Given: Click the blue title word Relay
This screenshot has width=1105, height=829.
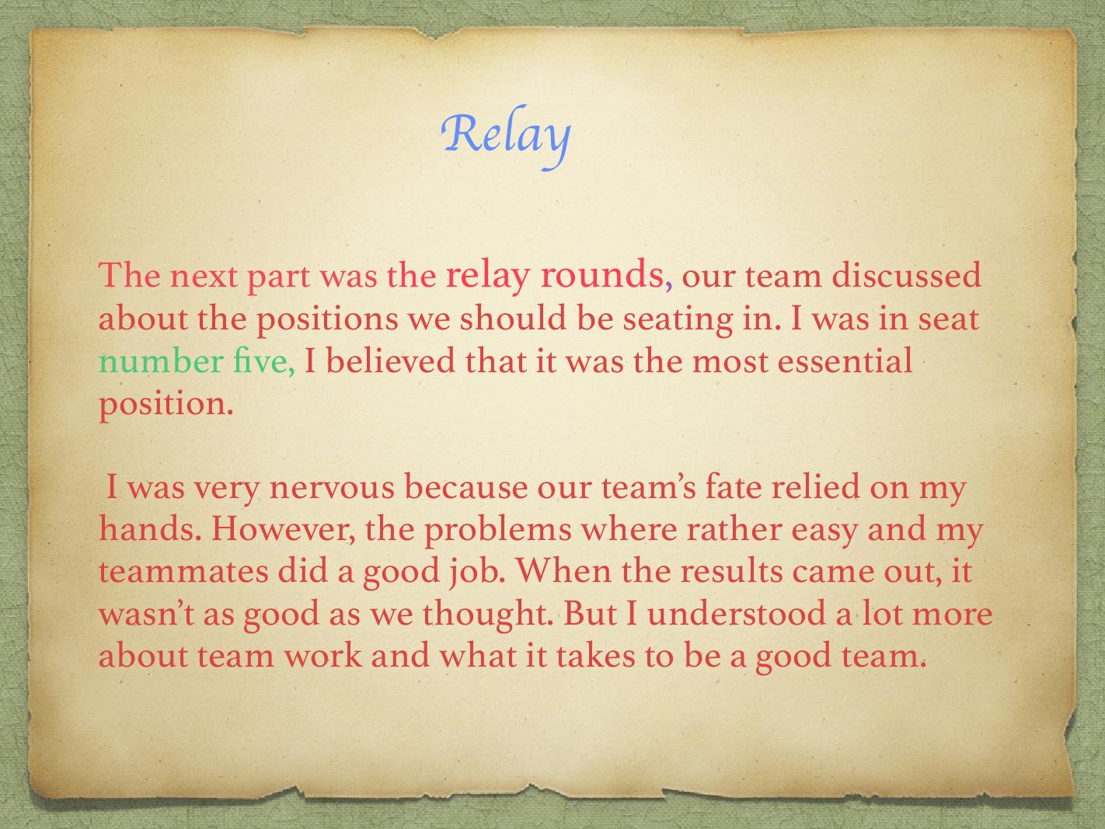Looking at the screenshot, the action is click(505, 137).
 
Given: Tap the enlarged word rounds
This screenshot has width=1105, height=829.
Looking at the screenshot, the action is click(602, 274).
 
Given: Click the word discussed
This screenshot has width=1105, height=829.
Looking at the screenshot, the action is click(906, 275).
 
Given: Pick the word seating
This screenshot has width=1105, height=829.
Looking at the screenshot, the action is click(678, 320).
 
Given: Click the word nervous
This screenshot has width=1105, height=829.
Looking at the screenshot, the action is click(332, 488).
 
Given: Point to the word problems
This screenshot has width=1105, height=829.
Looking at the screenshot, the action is click(498, 531).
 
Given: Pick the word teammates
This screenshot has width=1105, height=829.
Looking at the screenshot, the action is click(183, 572).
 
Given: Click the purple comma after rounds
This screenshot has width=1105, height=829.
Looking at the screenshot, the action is click(668, 287).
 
